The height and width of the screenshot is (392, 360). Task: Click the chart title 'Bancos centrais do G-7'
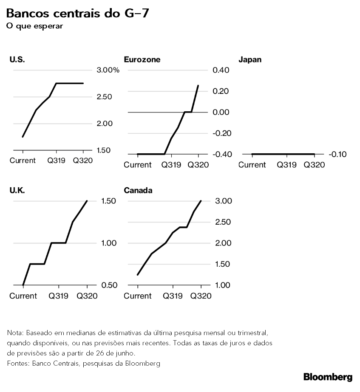click(77, 14)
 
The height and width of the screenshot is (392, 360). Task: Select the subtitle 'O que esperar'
click(34, 26)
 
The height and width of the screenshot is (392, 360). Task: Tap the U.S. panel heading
click(17, 59)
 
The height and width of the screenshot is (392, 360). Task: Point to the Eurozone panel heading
click(142, 59)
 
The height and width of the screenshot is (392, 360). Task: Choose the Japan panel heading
click(250, 59)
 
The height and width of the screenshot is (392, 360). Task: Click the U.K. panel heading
click(17, 190)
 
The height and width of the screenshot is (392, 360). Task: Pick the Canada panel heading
click(138, 190)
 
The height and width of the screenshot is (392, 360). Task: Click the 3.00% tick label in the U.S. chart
click(108, 70)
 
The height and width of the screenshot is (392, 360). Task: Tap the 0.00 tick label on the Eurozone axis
click(221, 112)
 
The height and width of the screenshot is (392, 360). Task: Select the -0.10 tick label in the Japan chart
click(337, 154)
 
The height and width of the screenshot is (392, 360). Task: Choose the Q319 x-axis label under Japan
click(287, 164)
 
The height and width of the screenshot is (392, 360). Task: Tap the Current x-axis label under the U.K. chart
click(23, 296)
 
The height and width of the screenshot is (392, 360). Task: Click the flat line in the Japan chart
click(283, 154)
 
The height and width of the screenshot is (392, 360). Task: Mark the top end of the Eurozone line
click(198, 85)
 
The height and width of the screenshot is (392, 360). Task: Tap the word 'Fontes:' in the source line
click(18, 364)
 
